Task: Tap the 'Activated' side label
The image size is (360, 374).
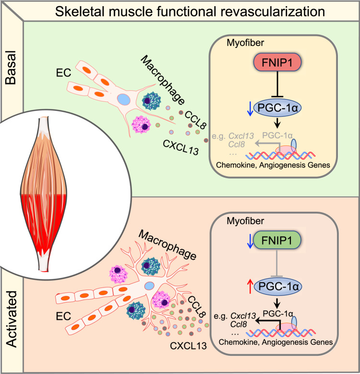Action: coord(11,319)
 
